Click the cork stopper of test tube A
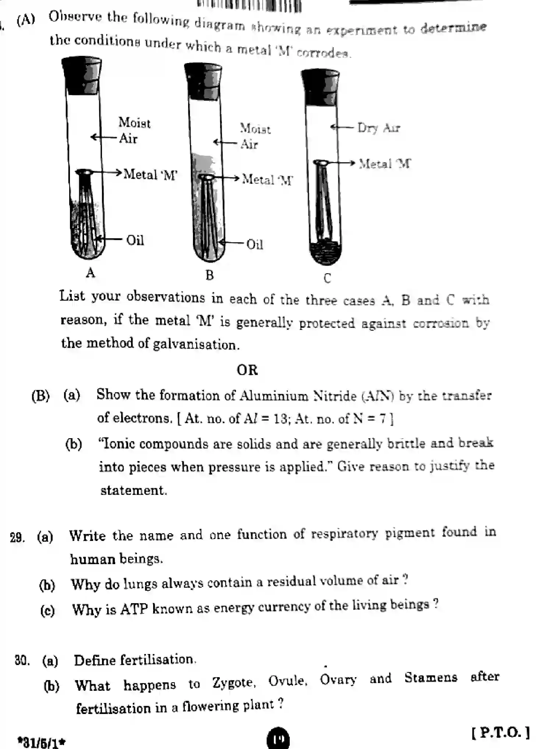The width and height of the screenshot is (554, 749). pos(82,76)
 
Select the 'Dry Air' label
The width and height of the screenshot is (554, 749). pos(378,128)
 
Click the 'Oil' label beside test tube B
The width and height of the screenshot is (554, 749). pos(254,245)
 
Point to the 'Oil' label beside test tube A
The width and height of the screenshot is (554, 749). pos(135,240)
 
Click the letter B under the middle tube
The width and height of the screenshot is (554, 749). pos(209,275)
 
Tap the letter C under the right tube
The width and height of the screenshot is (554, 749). pos(327,278)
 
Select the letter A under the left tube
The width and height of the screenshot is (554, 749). pos(91,273)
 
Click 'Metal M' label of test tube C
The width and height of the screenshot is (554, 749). pos(385,163)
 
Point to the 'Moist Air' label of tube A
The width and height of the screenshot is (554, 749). pos(134,130)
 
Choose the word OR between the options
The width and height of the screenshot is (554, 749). pos(247,370)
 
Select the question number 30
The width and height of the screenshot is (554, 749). pos(22,660)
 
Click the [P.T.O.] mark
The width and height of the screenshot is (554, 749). pos(501,732)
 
